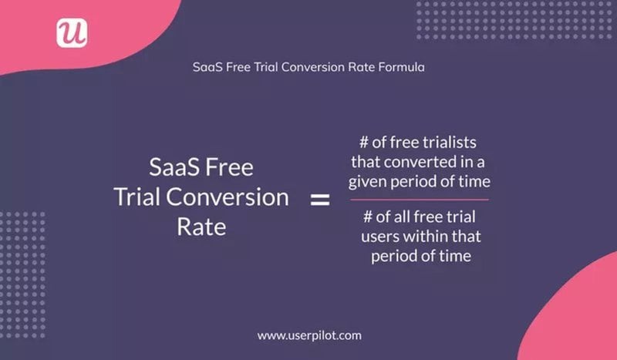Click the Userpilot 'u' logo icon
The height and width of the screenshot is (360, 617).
[x=72, y=33]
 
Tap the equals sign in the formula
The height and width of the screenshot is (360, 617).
[x=319, y=200]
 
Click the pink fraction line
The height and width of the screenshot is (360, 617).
[x=421, y=199]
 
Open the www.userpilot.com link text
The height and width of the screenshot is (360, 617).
[x=308, y=335]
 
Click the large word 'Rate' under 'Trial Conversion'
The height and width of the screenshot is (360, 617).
[x=201, y=227]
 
